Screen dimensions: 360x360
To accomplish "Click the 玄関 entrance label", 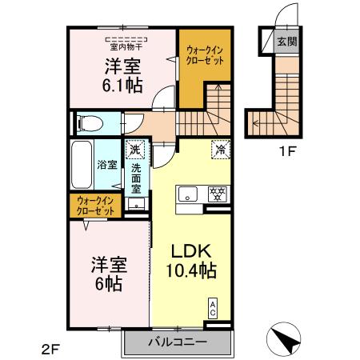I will click(286, 42).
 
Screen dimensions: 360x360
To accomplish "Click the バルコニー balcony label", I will click(178, 342).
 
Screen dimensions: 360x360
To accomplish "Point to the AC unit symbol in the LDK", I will click(213, 308).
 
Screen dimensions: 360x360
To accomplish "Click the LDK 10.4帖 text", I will click(190, 260).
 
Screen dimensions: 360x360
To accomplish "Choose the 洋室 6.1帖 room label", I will click(122, 75).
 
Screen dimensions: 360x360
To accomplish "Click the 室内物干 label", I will click(122, 46).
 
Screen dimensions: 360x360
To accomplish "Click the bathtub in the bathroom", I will click(82, 163).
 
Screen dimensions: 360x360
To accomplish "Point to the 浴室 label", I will click(107, 166).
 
